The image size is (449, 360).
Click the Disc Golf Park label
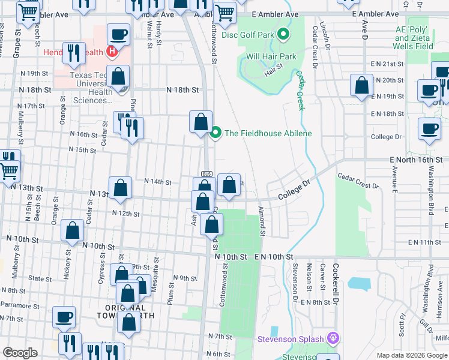[x=247, y=35]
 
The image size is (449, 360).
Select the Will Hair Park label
[x=271, y=57]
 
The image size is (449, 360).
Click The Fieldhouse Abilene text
[x=268, y=133]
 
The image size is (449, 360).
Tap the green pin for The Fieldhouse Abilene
[x=216, y=133]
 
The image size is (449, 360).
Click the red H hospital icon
[x=111, y=52]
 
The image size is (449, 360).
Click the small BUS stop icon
[x=206, y=174]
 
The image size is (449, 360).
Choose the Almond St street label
[x=262, y=218]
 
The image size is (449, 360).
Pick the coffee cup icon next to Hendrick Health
[x=118, y=35]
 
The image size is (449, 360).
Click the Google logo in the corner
[x=20, y=352]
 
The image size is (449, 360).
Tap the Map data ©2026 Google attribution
[x=411, y=355]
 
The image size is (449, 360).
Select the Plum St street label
[x=171, y=295]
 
